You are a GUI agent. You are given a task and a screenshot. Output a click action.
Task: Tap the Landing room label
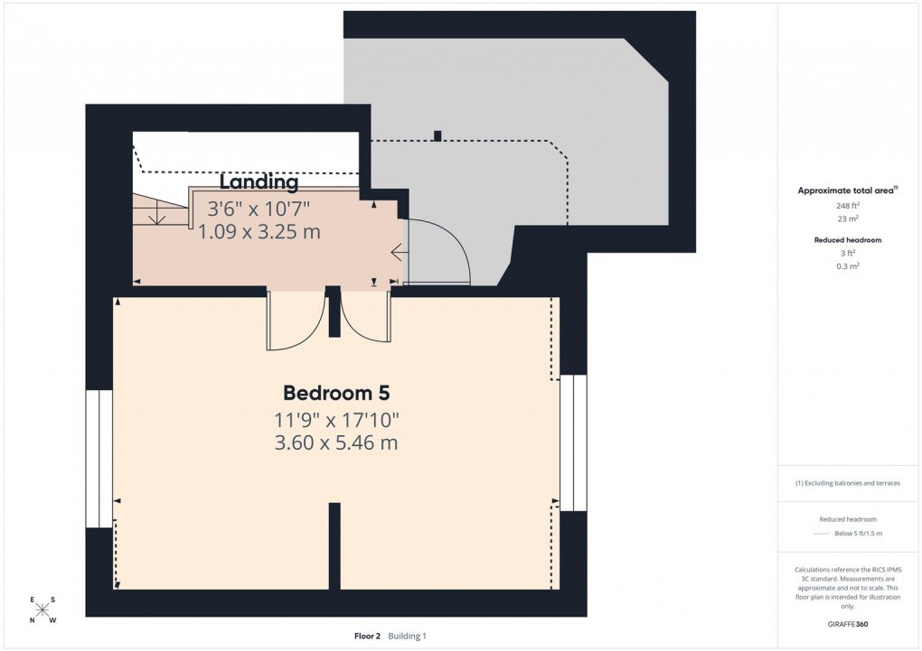259,182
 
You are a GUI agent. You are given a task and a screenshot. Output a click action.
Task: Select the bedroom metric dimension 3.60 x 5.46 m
336,443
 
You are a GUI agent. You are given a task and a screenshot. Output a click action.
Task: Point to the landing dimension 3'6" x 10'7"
259,209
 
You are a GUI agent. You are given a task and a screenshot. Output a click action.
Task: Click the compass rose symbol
42,609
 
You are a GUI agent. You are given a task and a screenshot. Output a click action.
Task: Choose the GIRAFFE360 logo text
849,624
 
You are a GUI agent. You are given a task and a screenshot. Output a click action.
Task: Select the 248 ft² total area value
849,206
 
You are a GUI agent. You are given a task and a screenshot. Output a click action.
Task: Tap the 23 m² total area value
849,219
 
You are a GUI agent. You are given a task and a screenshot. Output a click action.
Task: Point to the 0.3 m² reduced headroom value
849,266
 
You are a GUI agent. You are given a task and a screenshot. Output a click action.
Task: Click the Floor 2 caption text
368,636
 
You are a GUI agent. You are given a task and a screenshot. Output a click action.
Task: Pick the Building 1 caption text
408,636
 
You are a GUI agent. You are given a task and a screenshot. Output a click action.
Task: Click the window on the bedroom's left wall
99,459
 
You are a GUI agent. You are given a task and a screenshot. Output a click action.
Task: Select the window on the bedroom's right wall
573,442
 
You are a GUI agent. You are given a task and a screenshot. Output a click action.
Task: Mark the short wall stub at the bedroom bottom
334,545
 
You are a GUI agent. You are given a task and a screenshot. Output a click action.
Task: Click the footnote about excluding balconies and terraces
848,483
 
